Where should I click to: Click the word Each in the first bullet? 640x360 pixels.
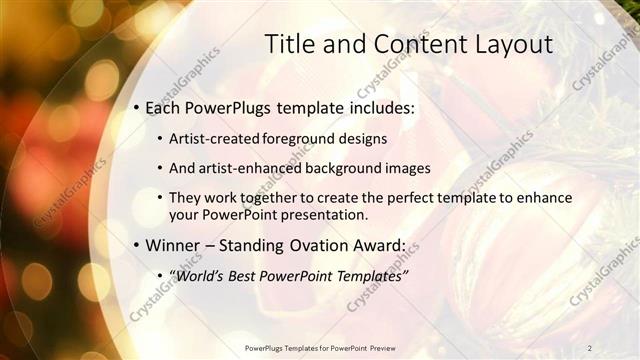coord(164,106)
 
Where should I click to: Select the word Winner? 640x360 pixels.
coord(175,245)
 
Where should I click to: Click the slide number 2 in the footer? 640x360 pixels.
coord(590,347)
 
